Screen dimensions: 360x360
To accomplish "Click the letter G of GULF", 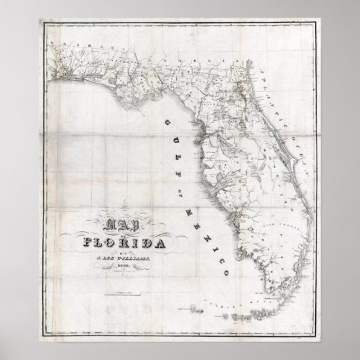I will (x=164, y=120).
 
